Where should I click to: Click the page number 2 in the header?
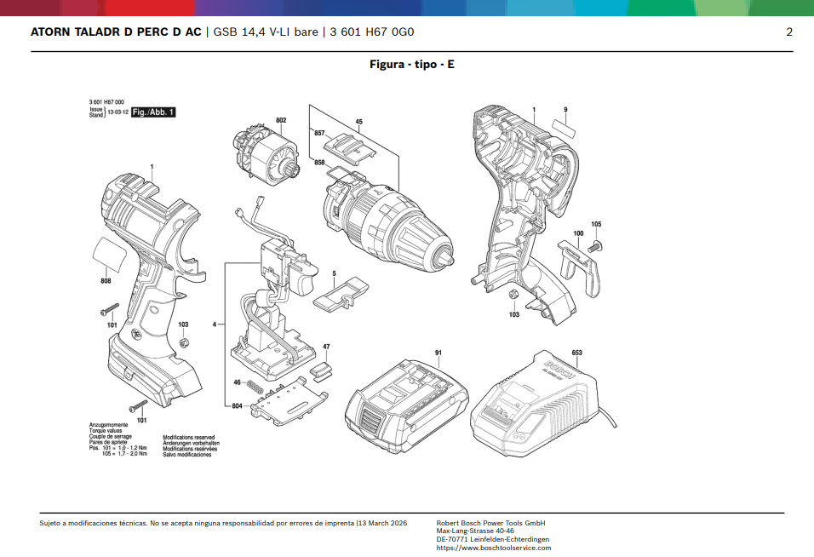pos(789,32)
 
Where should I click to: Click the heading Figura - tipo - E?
pos(411,65)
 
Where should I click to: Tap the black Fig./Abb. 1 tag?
pos(153,112)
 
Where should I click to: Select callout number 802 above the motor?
pos(281,120)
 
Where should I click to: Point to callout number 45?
pos(359,123)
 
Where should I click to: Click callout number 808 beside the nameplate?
pos(106,281)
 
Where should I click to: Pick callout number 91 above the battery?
pos(438,353)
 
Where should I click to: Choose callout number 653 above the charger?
pos(576,353)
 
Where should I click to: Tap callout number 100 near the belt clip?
pos(578,233)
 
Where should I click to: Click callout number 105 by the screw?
pos(596,224)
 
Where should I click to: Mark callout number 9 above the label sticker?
pos(565,110)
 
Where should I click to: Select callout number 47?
pos(326,347)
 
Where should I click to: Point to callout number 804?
pos(238,406)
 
